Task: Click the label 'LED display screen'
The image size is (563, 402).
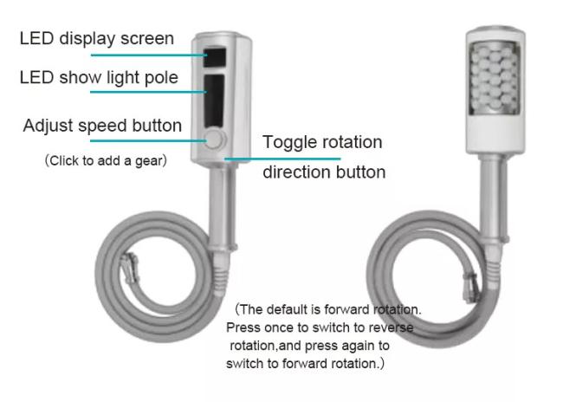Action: pos(97,38)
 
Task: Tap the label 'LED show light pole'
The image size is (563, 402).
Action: pos(99,78)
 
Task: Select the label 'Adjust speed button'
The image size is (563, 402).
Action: pos(102,126)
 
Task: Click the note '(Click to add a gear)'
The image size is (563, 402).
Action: pos(106,160)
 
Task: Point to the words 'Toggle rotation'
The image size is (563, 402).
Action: pos(322,142)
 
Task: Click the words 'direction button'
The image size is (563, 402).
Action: pos(324,172)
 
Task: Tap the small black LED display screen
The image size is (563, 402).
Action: pos(215,57)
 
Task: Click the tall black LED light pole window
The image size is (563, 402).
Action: pos(214,101)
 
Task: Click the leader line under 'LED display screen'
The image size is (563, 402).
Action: pos(149,55)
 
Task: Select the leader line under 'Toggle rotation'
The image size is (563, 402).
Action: pos(282,159)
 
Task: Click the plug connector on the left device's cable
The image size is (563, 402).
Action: pos(130,268)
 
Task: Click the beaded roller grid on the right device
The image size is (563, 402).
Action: pos(495,78)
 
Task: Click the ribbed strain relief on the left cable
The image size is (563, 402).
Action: pos(220,276)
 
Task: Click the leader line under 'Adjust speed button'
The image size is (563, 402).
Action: pos(148,141)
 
